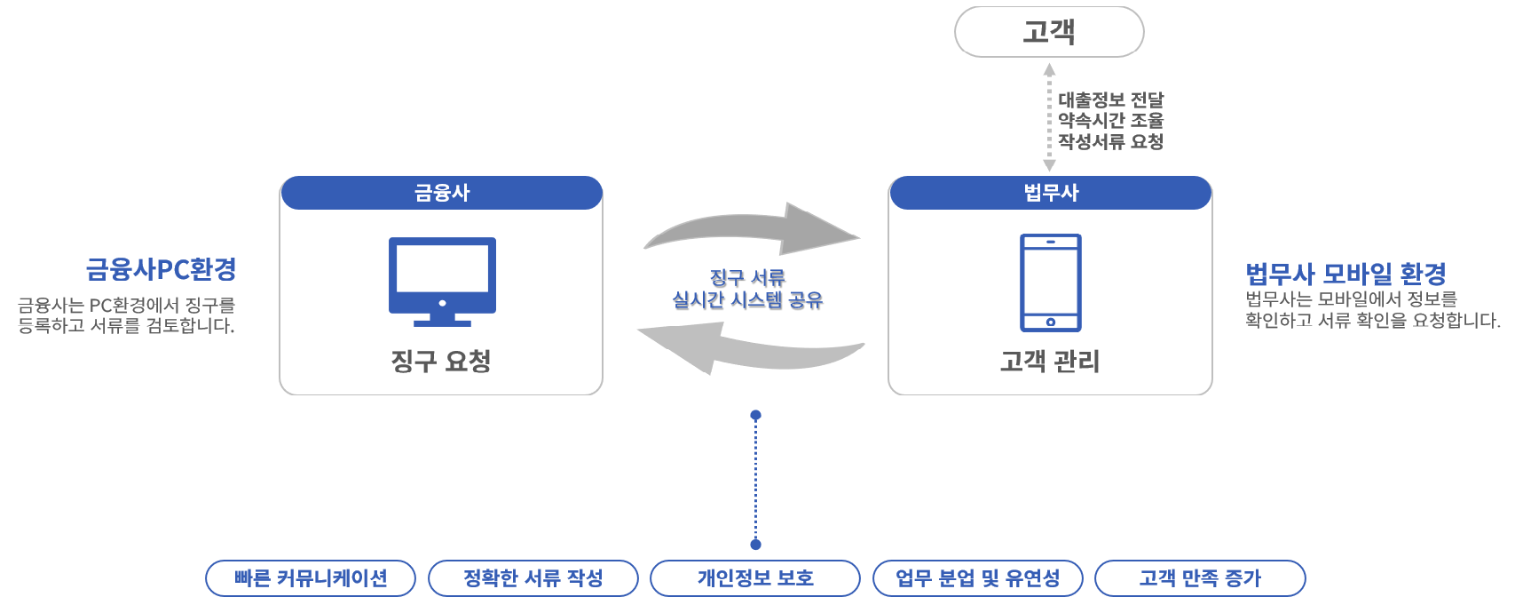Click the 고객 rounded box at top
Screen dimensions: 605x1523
(x=1048, y=32)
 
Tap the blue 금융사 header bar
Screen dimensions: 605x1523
(x=441, y=193)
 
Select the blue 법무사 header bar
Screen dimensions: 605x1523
(x=1050, y=193)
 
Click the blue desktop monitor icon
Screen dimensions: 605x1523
(x=442, y=280)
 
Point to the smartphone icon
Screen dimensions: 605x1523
(x=1050, y=283)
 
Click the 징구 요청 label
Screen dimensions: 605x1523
(x=441, y=361)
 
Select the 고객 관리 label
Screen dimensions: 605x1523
(x=1050, y=361)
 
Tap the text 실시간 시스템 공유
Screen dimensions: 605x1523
(x=747, y=300)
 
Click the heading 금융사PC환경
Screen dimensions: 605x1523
(x=161, y=269)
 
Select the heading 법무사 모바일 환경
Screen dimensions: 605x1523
(x=1345, y=273)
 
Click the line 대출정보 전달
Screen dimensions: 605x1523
(x=1110, y=100)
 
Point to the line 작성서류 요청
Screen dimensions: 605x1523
(x=1110, y=141)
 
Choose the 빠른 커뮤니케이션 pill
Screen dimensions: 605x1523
(x=311, y=578)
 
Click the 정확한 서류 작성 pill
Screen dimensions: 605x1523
(x=533, y=578)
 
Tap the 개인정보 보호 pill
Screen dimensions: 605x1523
(x=755, y=578)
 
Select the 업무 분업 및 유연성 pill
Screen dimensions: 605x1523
(x=977, y=578)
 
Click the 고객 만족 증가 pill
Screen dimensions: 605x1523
(x=1200, y=578)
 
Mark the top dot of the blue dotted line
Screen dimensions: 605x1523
(x=755, y=415)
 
